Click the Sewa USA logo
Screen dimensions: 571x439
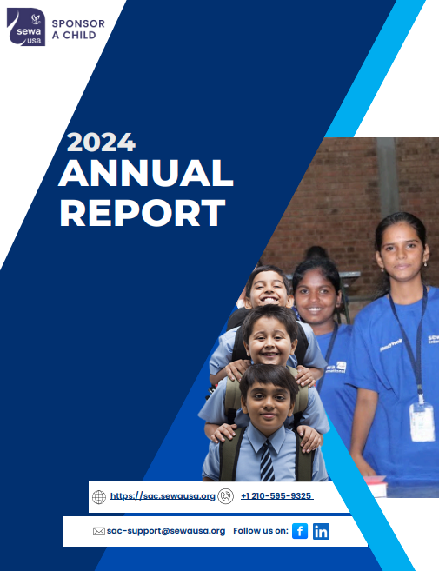(x=26, y=28)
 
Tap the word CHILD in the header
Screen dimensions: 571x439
(x=85, y=36)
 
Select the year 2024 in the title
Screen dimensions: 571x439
(x=101, y=142)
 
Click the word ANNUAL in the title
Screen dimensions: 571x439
(x=145, y=174)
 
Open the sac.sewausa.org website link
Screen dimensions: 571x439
(x=163, y=496)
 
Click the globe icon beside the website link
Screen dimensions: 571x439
(x=99, y=497)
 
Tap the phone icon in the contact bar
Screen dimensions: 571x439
(x=225, y=496)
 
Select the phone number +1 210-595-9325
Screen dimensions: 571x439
(x=276, y=496)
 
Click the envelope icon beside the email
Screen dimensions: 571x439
(x=98, y=531)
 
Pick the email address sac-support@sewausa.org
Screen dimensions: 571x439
(x=165, y=531)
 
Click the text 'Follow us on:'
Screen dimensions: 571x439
(x=261, y=531)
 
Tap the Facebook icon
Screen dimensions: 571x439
(x=300, y=531)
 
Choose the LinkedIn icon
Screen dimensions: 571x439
(x=321, y=531)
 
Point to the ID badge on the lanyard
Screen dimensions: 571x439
(x=422, y=422)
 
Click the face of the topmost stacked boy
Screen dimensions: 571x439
(x=268, y=289)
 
